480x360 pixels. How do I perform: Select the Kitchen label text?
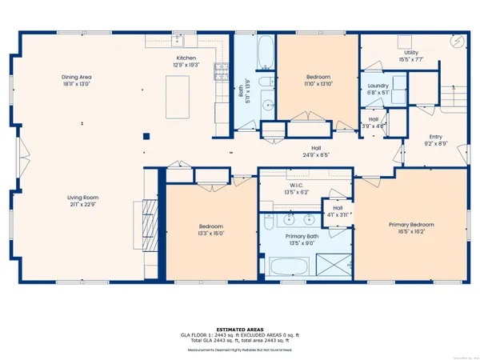click(187, 58)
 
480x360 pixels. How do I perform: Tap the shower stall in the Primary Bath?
click(334, 265)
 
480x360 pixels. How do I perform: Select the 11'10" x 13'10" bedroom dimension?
click(318, 83)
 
